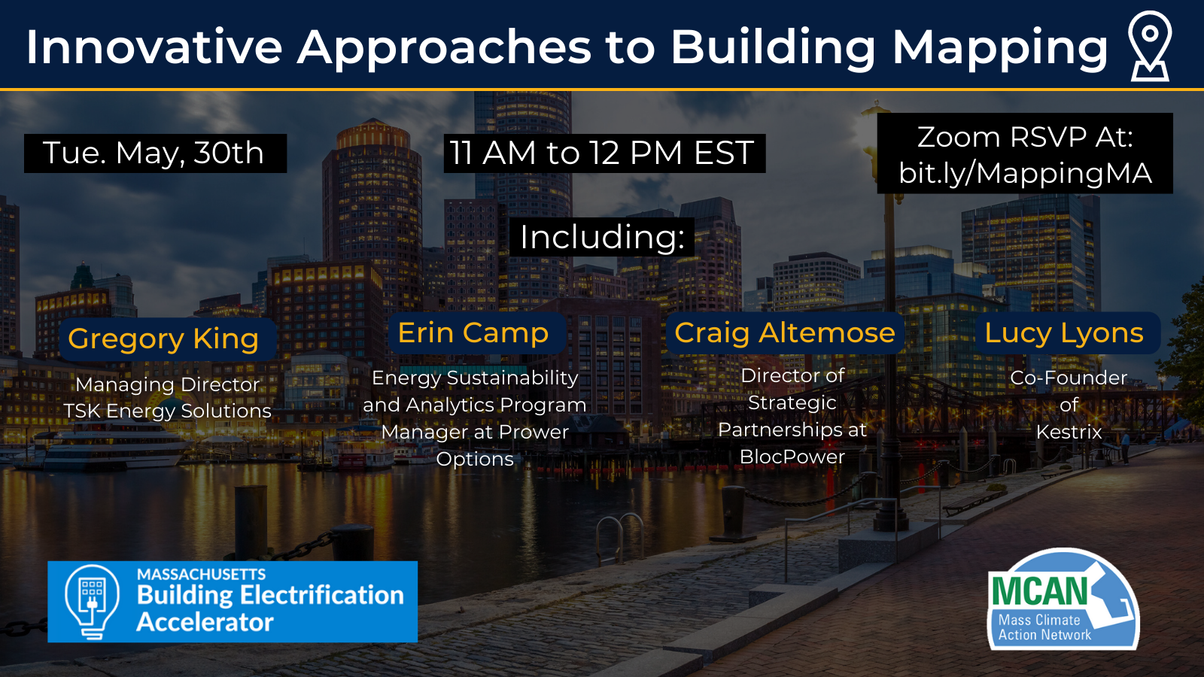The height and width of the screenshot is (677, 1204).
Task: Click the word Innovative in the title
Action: (154, 47)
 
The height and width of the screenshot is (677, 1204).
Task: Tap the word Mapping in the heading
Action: (1000, 47)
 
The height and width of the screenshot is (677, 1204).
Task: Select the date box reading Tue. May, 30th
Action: (154, 153)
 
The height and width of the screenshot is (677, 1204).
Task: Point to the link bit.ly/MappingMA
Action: (1025, 173)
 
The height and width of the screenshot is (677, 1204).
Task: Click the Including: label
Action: (602, 237)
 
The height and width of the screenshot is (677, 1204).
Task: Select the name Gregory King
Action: (163, 338)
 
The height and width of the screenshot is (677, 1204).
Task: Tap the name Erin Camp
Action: (473, 332)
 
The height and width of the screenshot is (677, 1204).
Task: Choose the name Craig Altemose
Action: (785, 332)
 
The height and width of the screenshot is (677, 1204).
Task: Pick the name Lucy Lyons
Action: (1064, 332)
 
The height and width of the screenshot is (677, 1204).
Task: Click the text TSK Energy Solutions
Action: (167, 411)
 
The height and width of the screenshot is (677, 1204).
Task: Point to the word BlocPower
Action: (792, 457)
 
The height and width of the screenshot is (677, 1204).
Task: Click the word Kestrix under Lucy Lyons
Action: (1069, 432)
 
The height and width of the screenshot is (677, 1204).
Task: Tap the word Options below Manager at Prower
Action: (475, 459)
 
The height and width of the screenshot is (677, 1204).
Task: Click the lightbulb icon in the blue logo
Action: (92, 601)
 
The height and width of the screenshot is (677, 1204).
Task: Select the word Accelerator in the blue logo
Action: (205, 622)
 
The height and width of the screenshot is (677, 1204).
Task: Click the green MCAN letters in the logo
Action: (1040, 590)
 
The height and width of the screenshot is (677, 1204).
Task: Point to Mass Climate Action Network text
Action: (1044, 627)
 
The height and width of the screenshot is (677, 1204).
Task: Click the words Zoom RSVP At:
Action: (1025, 137)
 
